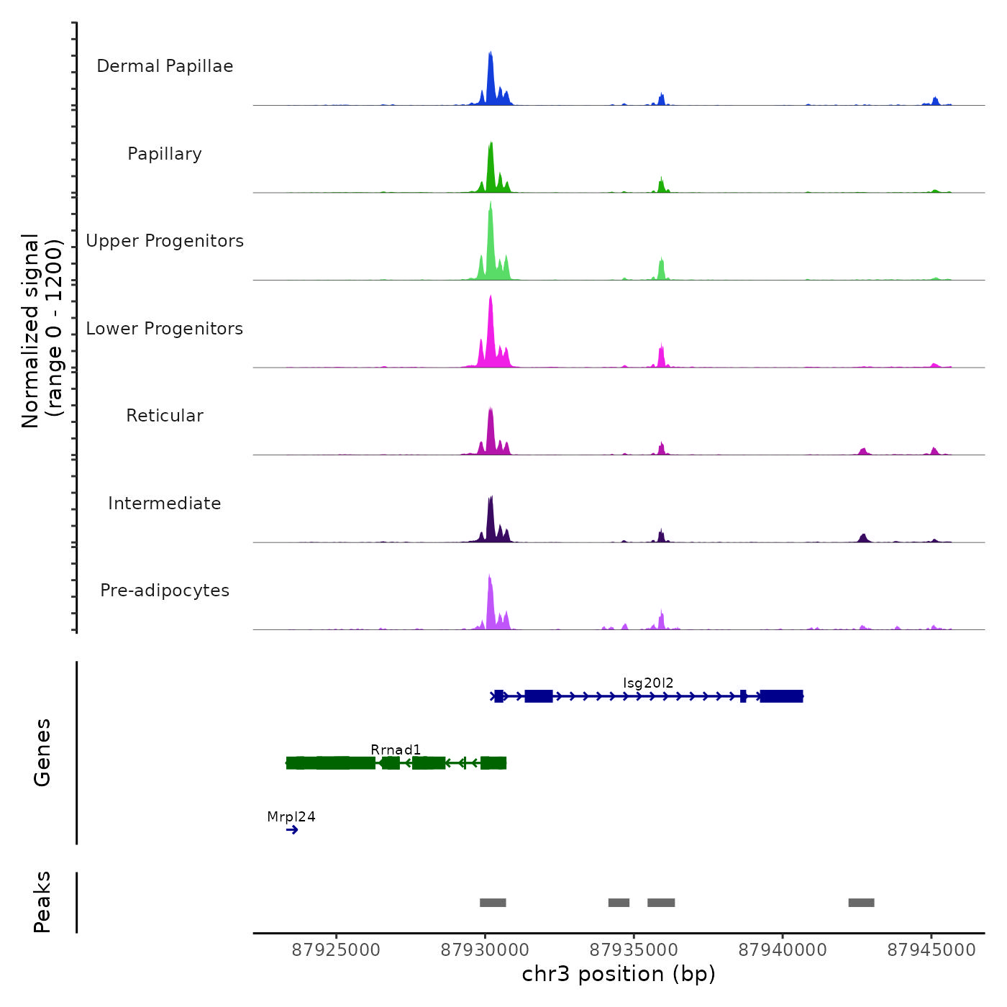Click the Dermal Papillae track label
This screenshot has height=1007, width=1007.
(165, 66)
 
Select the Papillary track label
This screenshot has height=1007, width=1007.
(165, 154)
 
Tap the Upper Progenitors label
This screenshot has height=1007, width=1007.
(165, 241)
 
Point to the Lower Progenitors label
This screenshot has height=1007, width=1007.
(165, 329)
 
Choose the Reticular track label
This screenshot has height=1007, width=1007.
(165, 416)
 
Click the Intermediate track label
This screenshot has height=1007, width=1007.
(165, 503)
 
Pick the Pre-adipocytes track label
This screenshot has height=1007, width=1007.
(165, 591)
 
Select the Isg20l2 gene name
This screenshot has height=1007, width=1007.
(648, 683)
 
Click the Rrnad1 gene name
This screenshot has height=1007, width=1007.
(396, 749)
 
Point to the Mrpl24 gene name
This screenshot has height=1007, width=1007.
(291, 816)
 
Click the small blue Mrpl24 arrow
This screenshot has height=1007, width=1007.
(292, 830)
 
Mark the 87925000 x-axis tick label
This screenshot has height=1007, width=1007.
(336, 949)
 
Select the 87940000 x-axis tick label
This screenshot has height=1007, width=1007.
(783, 949)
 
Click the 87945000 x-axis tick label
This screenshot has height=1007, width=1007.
(931, 949)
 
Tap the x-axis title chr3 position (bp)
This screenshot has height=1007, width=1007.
(619, 974)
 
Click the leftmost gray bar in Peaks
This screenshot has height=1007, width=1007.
(493, 903)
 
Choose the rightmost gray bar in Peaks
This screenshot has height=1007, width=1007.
(861, 903)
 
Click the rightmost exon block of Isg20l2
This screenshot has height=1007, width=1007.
(781, 696)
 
